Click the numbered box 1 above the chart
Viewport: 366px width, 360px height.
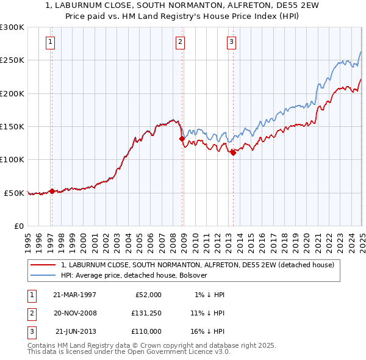[x=50, y=42]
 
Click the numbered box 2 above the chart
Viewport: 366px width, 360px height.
[x=181, y=42]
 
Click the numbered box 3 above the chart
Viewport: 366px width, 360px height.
[x=232, y=42]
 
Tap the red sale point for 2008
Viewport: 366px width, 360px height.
[x=182, y=139]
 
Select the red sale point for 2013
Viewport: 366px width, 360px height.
[x=233, y=153]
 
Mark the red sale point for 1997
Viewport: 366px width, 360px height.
[x=52, y=191]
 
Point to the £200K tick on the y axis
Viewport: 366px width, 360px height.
[x=13, y=93]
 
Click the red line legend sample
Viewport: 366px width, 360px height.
[x=43, y=265]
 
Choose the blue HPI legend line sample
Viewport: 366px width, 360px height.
[x=43, y=275]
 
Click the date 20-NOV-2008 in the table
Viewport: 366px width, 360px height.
[x=75, y=313]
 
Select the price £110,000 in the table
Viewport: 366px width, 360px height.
[x=146, y=331]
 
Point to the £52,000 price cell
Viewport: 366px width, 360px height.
[x=146, y=295]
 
